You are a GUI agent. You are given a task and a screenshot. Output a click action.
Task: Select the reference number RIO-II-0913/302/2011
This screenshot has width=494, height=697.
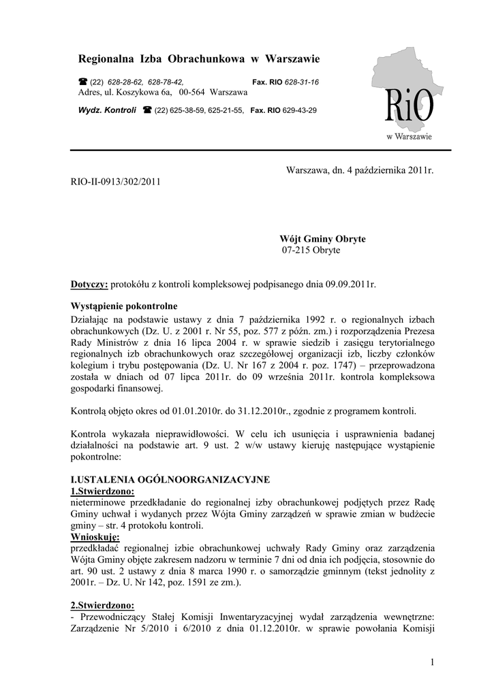coord(116,182)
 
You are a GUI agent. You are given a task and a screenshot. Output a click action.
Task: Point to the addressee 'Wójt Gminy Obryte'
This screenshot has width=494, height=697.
coord(322,239)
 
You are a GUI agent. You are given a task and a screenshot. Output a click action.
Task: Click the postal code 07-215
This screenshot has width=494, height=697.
coord(296,250)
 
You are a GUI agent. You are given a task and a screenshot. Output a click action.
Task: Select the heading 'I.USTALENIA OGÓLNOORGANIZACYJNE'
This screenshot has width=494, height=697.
coord(170,479)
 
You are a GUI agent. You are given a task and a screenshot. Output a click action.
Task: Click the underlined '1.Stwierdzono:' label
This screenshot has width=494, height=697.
coord(103,491)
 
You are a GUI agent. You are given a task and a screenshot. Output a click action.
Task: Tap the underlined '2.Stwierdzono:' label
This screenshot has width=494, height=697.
coord(103,605)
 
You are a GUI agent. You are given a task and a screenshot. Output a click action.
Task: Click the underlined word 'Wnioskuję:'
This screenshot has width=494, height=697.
coord(95,537)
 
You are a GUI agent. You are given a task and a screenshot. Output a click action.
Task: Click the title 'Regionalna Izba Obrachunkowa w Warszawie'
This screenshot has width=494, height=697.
coord(199,59)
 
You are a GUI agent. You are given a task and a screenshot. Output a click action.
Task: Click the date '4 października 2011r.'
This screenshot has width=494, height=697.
coord(390,169)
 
